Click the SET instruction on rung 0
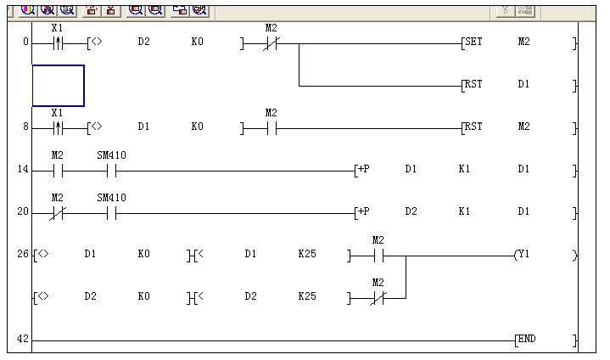472,42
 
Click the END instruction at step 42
526,340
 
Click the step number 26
23,254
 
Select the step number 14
23,170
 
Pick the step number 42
23,340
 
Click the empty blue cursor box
59,86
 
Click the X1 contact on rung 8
58,127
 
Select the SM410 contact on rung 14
111,170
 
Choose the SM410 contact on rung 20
111,211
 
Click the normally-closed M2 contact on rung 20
58,211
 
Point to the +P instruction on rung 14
363,169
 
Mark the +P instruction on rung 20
363,211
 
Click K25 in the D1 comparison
306,254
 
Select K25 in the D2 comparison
306,296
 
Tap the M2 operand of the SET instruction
523,42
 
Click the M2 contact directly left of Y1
378,254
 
